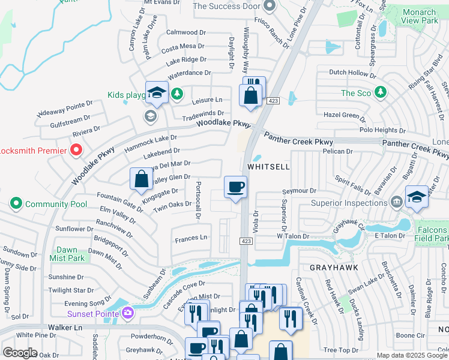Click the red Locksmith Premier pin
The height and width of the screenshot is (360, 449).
(x=76, y=149)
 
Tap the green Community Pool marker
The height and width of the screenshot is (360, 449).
(x=16, y=204)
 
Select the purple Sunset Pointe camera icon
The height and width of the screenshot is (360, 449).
(x=127, y=313)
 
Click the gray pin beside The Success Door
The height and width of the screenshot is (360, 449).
(x=269, y=7)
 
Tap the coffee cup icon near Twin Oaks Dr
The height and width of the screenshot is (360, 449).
(x=235, y=186)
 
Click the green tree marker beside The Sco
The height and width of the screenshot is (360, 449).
(x=380, y=92)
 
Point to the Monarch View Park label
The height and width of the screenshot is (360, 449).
(x=419, y=17)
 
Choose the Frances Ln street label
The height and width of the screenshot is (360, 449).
(x=191, y=238)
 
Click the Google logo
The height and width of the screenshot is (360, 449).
(x=20, y=353)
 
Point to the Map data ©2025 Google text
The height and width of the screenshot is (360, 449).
(x=412, y=355)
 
